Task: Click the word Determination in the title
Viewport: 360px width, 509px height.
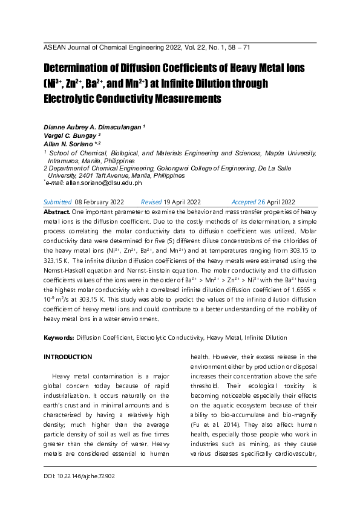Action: click(75, 68)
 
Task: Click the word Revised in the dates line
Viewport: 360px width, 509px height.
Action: click(151, 201)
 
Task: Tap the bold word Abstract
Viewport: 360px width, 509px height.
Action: click(57, 213)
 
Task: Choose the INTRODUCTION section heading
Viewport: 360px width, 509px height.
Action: click(68, 357)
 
